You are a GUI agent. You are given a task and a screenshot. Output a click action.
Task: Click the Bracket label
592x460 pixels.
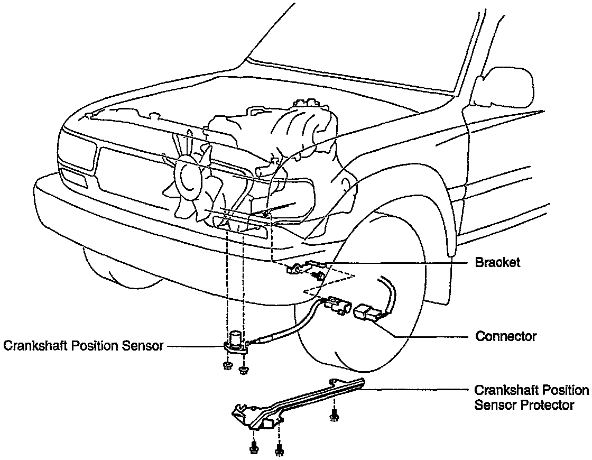coord(497,263)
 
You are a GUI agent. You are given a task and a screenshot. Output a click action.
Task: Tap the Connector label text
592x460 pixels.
coord(506,336)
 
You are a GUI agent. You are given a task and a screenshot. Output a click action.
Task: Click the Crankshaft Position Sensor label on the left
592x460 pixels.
coord(83,346)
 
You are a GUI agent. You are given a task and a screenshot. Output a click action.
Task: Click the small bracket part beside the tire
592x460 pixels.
coord(307,269)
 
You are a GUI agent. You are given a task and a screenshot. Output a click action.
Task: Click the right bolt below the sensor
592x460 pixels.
coord(243,369)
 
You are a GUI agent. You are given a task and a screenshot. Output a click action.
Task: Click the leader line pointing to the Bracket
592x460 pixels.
coord(396,263)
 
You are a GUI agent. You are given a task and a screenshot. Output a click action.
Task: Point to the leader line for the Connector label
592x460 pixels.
coord(428,337)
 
